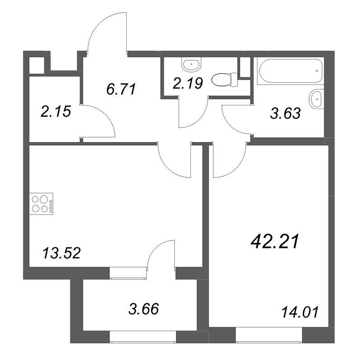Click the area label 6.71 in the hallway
click(121, 89)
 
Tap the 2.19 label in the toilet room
click(188, 83)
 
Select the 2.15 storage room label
click(56, 111)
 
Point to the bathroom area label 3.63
click(285, 114)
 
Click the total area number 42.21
click(275, 242)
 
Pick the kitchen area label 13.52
click(62, 253)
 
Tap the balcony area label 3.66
click(144, 309)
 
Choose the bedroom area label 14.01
click(300, 312)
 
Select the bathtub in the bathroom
click(290, 71)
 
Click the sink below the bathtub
click(316, 99)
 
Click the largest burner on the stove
click(43, 199)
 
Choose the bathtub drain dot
click(317, 71)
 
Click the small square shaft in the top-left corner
click(37, 65)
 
